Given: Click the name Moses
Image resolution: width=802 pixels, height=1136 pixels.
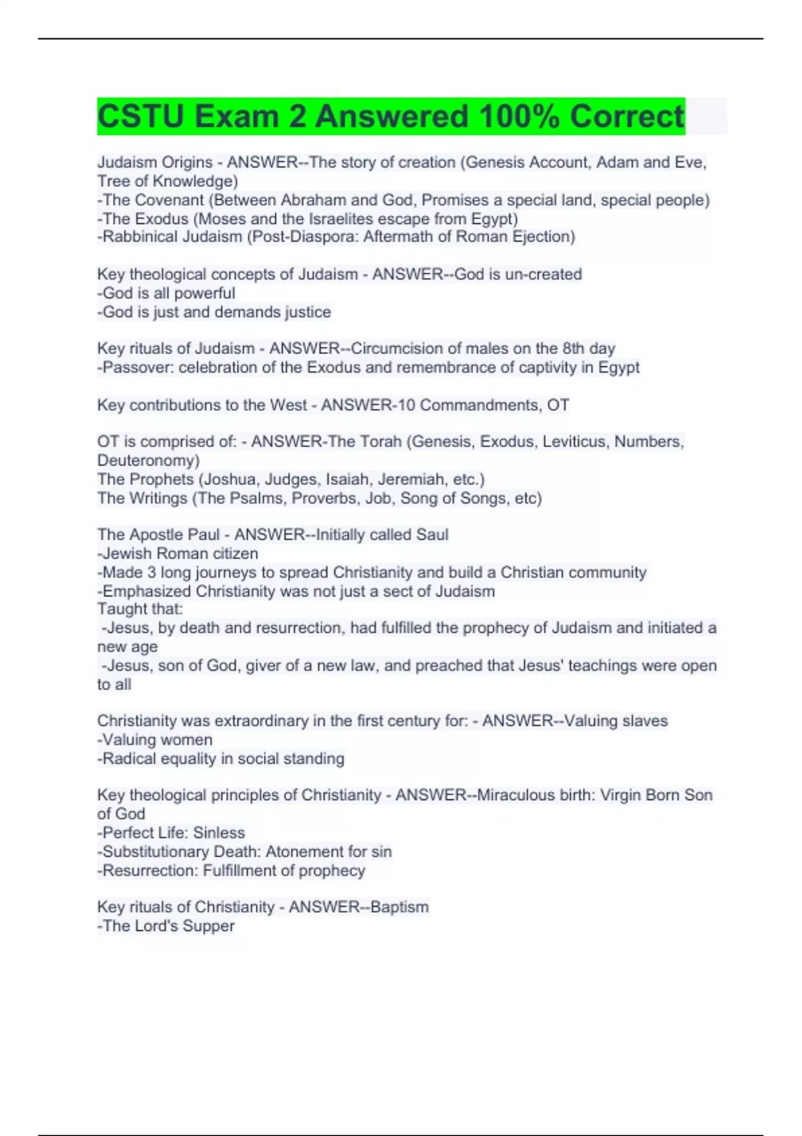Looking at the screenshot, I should pyautogui.click(x=221, y=219).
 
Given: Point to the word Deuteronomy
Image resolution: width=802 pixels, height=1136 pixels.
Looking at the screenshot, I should pyautogui.click(x=146, y=460).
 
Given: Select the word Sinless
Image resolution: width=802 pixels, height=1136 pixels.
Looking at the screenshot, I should pyautogui.click(x=219, y=833).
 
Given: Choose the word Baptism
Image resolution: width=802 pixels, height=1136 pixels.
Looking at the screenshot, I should pyautogui.click(x=399, y=907).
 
